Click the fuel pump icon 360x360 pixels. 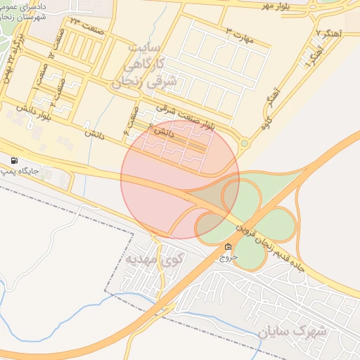(15, 161)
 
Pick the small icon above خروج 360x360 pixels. (228, 247)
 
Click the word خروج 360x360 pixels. (228, 257)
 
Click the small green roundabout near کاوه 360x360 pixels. (244, 143)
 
